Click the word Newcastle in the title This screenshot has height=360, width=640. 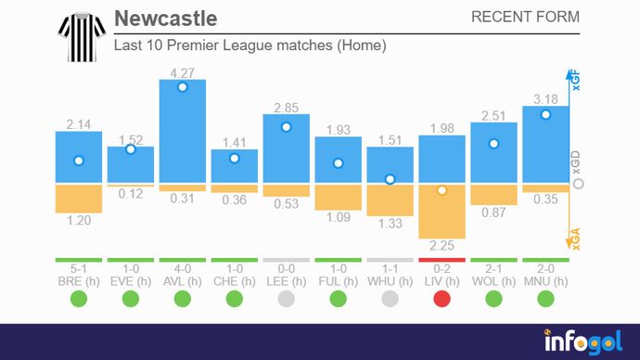coord(165,19)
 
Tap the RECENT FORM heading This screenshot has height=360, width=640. coord(525,17)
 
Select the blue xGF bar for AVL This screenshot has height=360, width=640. coord(183,130)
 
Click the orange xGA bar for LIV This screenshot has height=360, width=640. coord(442,212)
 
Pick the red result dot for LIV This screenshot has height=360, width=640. coord(442,299)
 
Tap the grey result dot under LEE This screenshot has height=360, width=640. coord(286,299)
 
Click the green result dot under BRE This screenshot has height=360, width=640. coord(79,299)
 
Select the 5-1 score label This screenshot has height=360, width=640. coord(79,268)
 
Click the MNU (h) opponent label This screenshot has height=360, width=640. coord(545,279)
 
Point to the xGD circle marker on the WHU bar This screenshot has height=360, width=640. coord(390,179)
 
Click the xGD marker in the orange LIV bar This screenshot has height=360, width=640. coord(442,190)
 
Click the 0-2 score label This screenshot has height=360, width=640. coord(442,268)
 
